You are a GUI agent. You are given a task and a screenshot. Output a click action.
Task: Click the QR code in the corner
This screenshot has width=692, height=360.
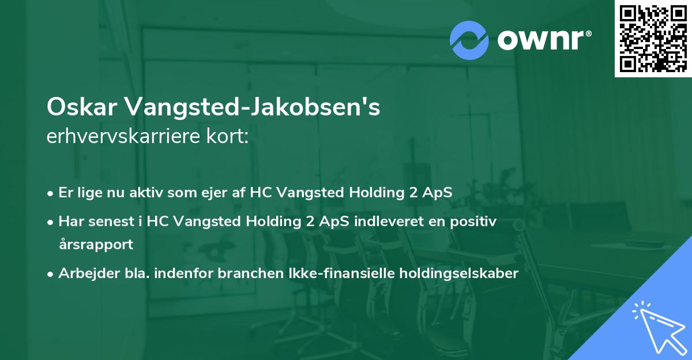coord(653,39)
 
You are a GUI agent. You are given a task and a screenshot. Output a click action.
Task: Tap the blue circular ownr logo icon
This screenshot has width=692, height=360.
coord(469,40)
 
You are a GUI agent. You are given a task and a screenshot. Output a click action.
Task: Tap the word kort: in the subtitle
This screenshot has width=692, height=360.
coord(231,137)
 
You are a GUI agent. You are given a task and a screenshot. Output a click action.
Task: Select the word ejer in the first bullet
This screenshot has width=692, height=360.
coord(219,192)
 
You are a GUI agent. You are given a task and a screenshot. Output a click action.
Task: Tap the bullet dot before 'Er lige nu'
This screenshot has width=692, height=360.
coord(51,193)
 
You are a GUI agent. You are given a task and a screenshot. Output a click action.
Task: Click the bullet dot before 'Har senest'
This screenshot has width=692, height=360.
coord(51,222)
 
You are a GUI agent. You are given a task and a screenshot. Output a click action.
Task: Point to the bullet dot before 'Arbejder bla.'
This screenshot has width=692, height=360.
coord(51,274)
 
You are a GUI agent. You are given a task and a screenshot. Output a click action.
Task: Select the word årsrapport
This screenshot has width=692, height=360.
coord(96,244)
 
